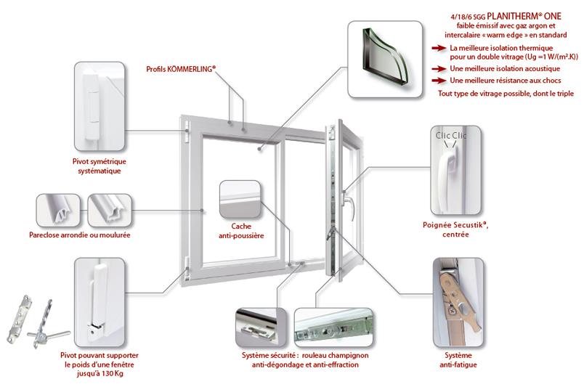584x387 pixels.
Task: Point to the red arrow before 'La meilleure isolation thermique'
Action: click(437, 47)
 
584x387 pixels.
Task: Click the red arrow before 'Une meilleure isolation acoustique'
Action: click(437, 69)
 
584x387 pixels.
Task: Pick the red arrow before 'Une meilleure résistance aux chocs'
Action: click(437, 80)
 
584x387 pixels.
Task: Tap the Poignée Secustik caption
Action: click(455, 229)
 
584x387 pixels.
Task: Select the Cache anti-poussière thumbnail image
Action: click(240, 199)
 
